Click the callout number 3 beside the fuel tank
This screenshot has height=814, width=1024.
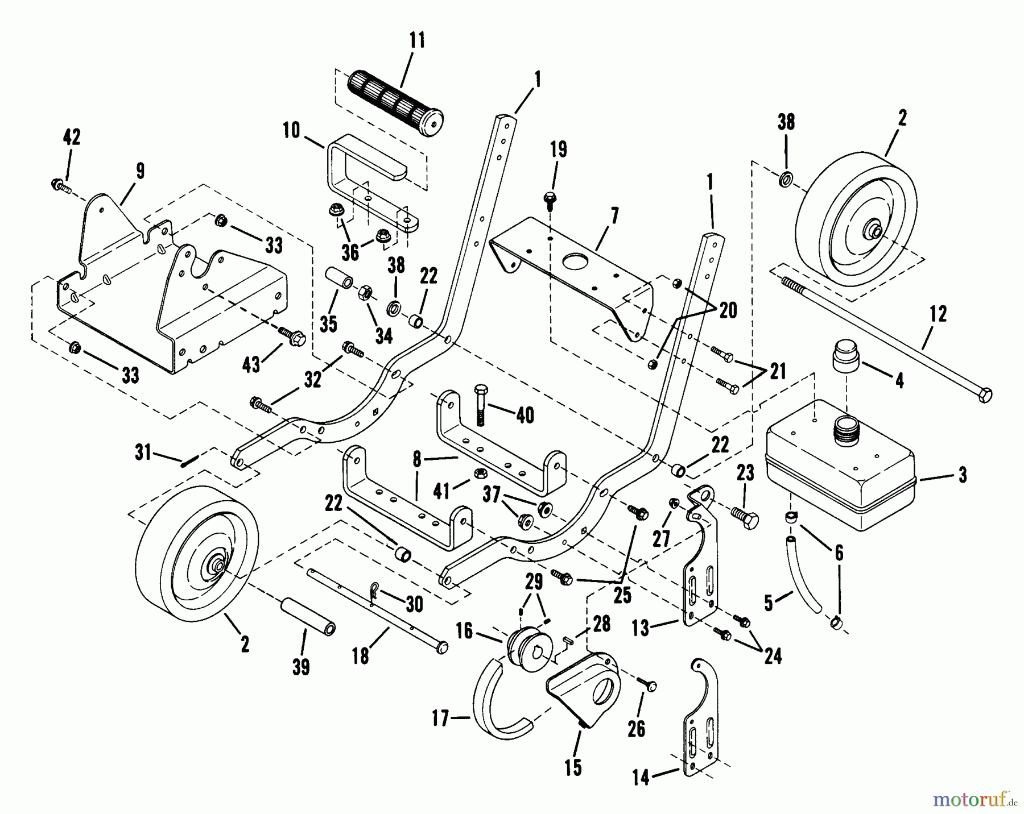tap(963, 475)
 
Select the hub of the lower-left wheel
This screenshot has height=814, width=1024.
tap(217, 566)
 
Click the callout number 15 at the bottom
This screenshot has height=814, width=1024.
tap(573, 767)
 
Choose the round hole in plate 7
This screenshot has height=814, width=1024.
tap(574, 264)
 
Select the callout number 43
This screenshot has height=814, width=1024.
tap(251, 364)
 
